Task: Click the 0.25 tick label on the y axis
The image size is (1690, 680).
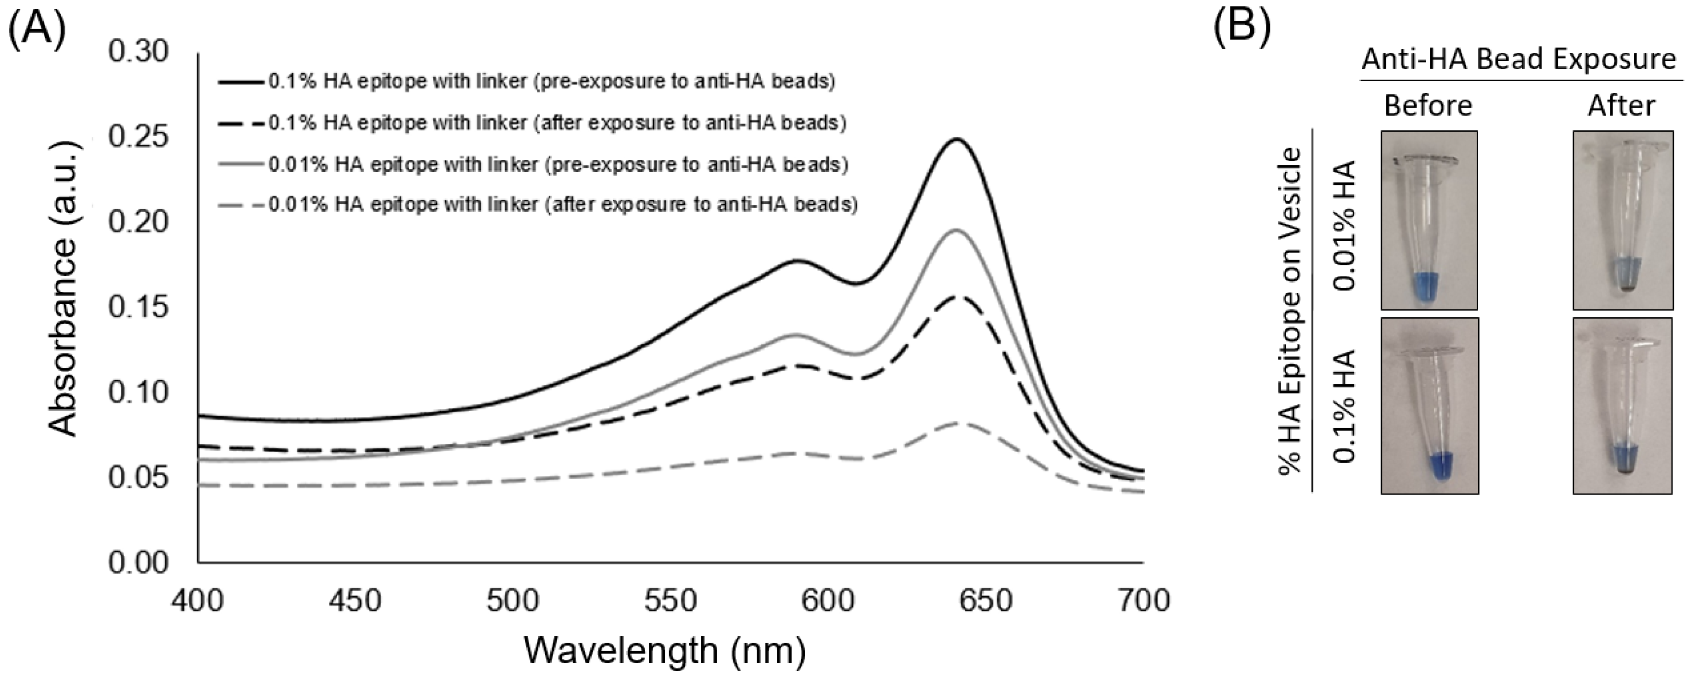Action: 138,136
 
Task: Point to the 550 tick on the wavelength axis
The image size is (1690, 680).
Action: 670,599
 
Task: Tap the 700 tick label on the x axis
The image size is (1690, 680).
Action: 1143,599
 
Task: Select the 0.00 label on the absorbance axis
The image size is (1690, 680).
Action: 138,563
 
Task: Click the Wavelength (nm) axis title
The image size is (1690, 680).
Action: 664,651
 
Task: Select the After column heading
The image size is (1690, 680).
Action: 1620,105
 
